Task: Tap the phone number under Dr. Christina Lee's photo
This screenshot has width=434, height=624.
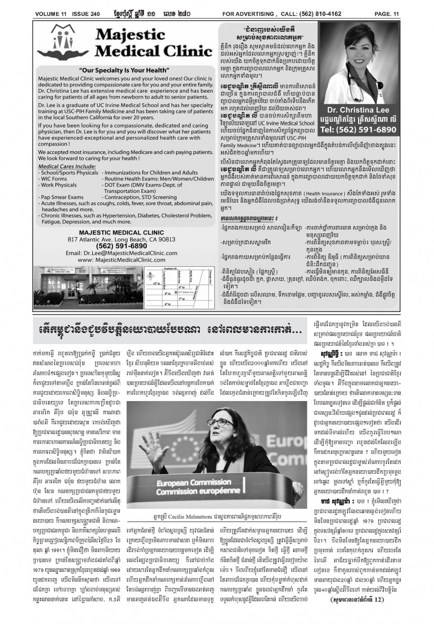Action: point(363,144)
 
